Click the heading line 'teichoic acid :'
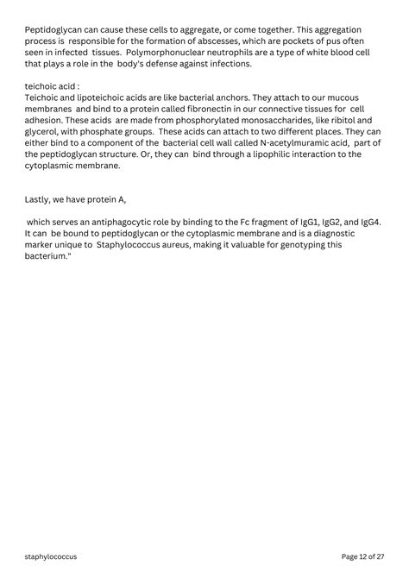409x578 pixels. [53, 87]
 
